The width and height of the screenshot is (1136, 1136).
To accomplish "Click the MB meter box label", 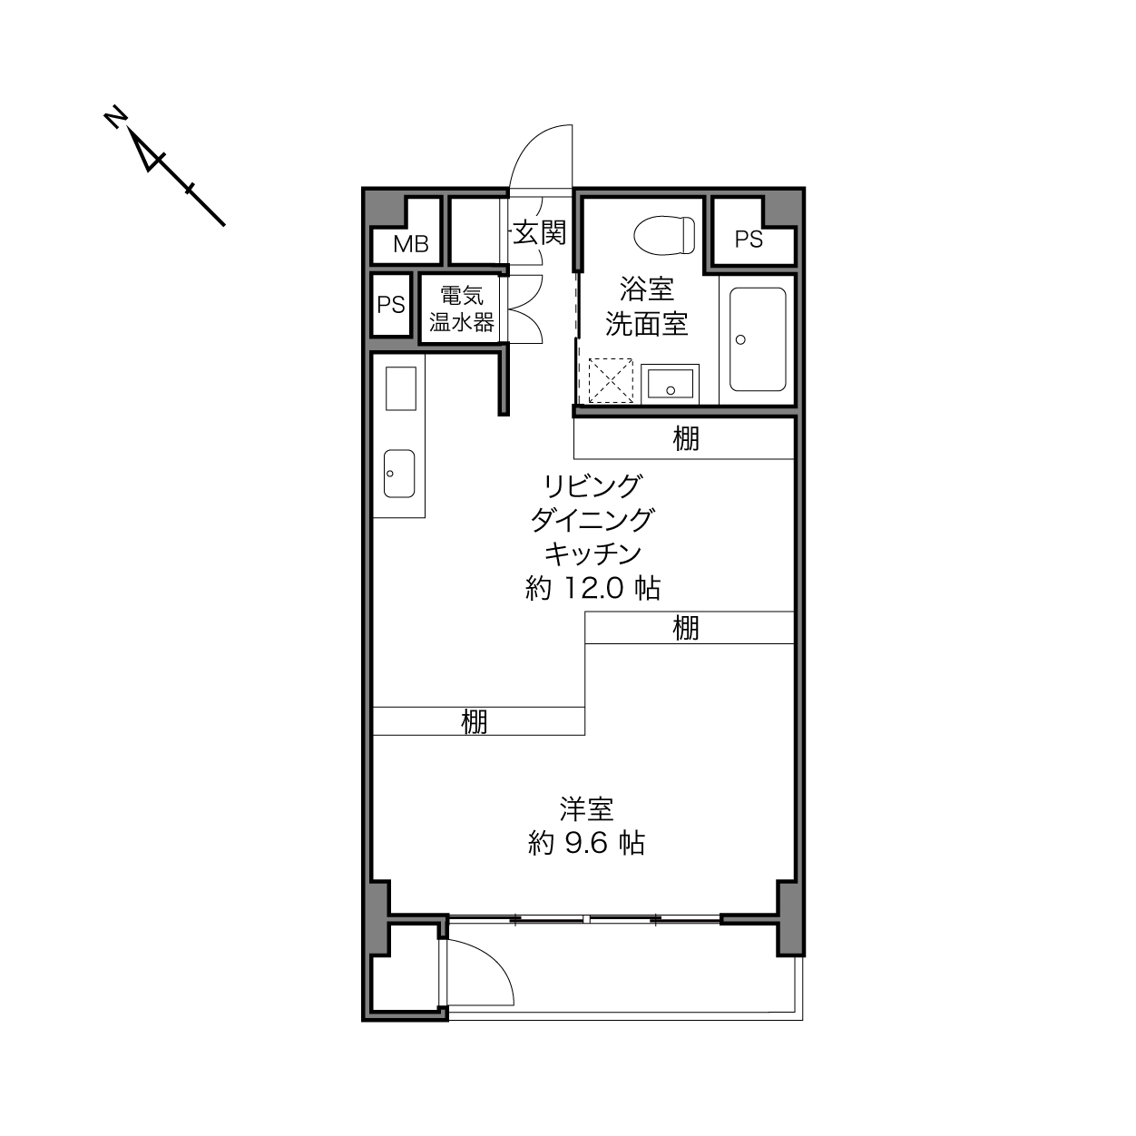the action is pos(410,244).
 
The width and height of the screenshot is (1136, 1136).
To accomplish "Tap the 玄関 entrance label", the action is pos(539,232).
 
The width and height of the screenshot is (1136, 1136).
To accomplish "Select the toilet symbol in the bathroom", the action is pos(664,235).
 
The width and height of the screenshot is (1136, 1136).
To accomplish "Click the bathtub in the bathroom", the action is pos(758,339).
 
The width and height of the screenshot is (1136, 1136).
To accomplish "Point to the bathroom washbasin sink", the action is pos(671,384).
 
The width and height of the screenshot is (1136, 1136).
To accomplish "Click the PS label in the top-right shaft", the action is pos(749,240).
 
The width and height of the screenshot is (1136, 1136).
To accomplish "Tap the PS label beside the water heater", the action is pos(391,305).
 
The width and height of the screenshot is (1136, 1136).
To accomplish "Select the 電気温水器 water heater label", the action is pos(462,308).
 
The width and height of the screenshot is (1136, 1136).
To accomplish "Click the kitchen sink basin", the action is pos(399,474).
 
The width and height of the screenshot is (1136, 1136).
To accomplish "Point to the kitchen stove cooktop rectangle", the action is pos(401,388).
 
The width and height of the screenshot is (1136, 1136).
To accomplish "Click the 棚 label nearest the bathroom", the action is pos(686,439).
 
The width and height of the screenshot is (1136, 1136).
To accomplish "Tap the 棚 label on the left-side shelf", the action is pos(474,721).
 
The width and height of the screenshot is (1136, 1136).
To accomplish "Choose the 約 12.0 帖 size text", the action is pos(592,588).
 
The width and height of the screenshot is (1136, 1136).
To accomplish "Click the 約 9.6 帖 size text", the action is pos(586,844).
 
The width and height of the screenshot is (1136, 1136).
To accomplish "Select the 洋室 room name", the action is pos(586,809).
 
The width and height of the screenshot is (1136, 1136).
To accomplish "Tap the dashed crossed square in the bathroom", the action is pos(611,381).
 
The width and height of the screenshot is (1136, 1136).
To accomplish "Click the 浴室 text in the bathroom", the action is pos(647,289).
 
